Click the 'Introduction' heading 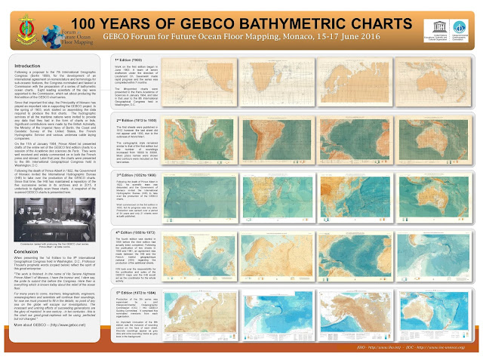(x=29, y=66)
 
